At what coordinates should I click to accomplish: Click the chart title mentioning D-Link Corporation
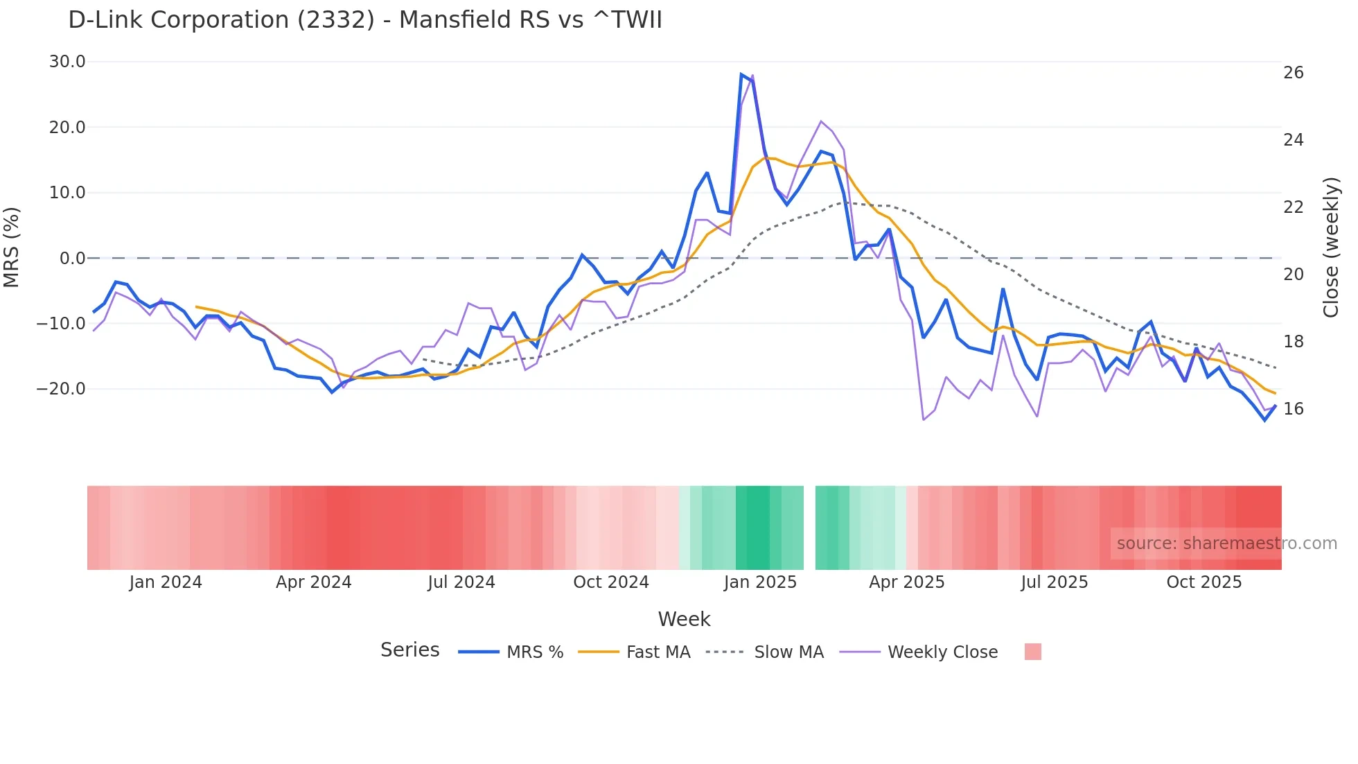(x=365, y=20)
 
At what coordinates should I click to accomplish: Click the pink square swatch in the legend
(x=1032, y=652)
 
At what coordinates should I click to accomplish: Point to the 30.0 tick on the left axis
(x=67, y=62)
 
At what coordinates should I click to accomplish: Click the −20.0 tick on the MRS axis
(x=61, y=389)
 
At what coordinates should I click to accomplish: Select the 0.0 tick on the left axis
(x=72, y=259)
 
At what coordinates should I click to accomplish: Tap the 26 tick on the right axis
(x=1293, y=73)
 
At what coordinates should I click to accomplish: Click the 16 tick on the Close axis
(x=1293, y=409)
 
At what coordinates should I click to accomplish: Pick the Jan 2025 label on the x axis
(x=760, y=582)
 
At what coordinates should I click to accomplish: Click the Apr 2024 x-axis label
(x=313, y=582)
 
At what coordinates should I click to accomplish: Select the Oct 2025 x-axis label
(x=1203, y=582)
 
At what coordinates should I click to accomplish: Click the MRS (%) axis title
(x=12, y=247)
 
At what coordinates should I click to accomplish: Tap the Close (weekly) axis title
(x=1330, y=248)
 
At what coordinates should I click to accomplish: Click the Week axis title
(x=684, y=619)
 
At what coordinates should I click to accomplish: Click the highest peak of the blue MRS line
(x=741, y=74)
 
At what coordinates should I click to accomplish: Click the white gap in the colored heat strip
(x=809, y=528)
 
